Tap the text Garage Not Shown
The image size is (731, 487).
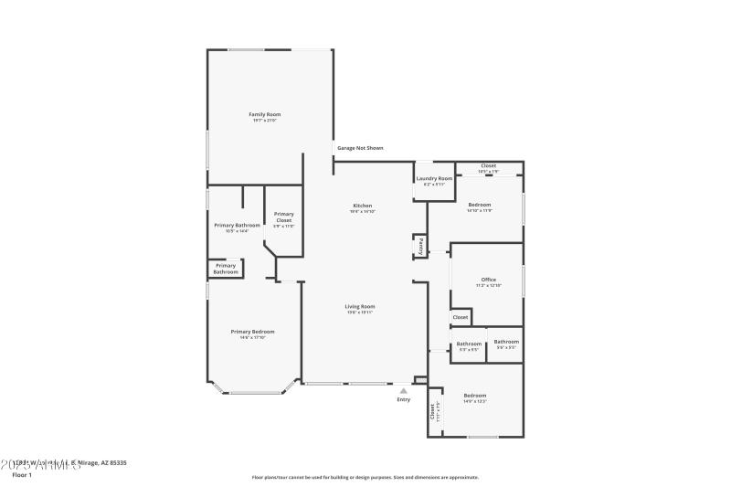pos(360,147)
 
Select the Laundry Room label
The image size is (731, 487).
pos(434,178)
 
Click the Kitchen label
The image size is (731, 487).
pos(363,206)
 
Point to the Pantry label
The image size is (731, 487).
pos(420,247)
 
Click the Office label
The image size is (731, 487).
pos(489,280)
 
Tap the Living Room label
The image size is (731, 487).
pos(359,306)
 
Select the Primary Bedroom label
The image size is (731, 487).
pos(252,332)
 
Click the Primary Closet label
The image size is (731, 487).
pos(283,217)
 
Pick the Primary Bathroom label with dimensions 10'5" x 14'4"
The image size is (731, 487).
pos(237,225)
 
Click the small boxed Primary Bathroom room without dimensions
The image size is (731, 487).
pos(226,269)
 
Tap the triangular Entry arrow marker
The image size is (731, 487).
pos(403,390)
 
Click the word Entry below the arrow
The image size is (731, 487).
pos(403,399)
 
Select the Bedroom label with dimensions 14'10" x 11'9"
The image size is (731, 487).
pos(480,205)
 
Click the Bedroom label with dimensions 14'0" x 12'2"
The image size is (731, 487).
pos(474,396)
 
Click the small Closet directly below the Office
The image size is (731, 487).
pos(461,317)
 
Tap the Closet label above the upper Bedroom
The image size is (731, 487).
pos(489,165)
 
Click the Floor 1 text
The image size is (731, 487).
pos(22,475)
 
